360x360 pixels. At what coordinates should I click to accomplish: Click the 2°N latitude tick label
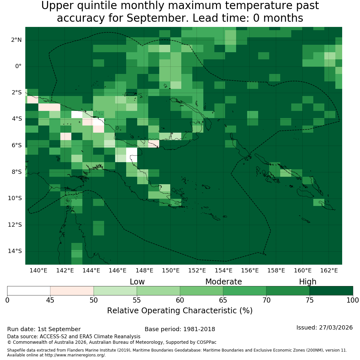(x=16, y=40)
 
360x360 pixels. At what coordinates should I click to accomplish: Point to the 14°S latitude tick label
(x=15, y=251)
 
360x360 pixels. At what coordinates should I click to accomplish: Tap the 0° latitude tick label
(x=18, y=66)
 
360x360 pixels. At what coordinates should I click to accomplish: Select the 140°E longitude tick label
(x=38, y=270)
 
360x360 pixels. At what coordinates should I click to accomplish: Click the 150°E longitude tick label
(x=171, y=270)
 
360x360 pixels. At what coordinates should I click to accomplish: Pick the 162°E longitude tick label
(x=329, y=270)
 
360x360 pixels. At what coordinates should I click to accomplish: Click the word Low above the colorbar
(x=137, y=282)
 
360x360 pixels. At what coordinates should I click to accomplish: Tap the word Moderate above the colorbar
(x=223, y=282)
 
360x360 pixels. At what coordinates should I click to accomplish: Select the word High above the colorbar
(x=308, y=282)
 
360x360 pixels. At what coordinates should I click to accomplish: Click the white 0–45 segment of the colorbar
(x=29, y=291)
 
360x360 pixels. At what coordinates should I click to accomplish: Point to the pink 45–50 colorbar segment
(x=72, y=291)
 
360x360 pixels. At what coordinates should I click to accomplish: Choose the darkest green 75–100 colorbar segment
(x=331, y=291)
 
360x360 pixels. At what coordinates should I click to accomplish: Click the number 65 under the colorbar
(x=223, y=300)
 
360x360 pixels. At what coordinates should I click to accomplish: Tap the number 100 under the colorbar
(x=353, y=300)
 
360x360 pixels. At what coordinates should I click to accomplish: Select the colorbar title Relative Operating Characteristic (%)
(x=180, y=311)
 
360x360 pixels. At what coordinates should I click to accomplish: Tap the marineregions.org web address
(x=75, y=355)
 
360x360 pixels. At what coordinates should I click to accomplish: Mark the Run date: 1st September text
(x=44, y=329)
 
